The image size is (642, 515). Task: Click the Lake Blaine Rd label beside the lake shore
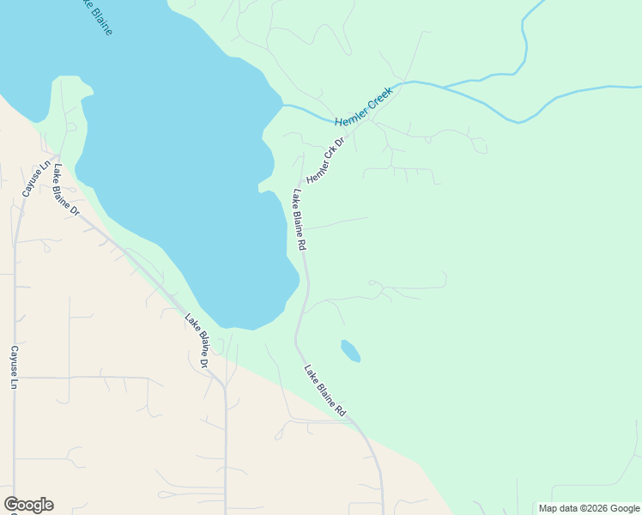(x=298, y=220)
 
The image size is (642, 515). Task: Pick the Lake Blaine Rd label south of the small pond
(x=325, y=391)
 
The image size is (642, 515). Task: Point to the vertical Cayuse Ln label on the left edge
(x=14, y=367)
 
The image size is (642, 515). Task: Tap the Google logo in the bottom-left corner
(x=28, y=505)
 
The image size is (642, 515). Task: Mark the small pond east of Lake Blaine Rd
(x=350, y=350)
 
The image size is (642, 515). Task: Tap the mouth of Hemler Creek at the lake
(x=284, y=105)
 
